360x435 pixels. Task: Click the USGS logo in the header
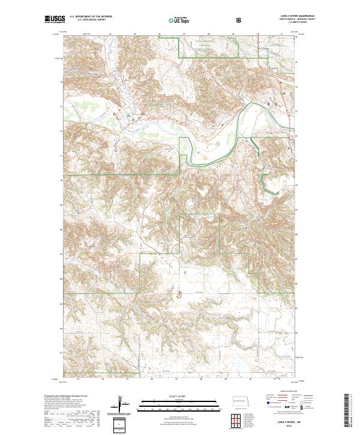pyautogui.click(x=55, y=20)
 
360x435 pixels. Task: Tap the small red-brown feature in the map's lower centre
pyautogui.click(x=178, y=293)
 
